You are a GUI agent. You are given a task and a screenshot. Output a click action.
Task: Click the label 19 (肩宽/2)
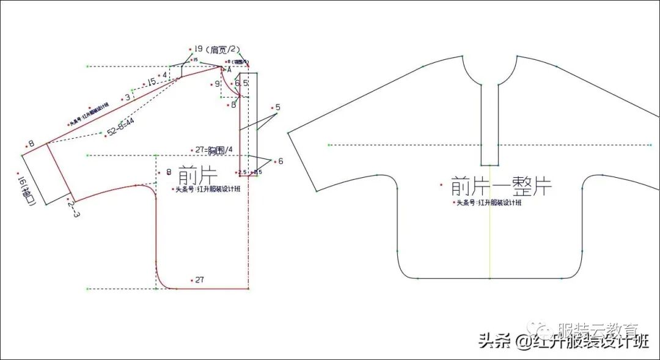[x=217, y=50]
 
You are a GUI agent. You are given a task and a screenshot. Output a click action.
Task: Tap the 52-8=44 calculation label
[x=121, y=127]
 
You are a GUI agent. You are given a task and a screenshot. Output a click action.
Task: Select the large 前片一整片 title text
[x=501, y=186]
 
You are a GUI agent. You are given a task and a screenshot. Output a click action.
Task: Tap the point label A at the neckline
[x=229, y=70]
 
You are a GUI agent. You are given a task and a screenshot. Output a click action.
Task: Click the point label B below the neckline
[x=233, y=105]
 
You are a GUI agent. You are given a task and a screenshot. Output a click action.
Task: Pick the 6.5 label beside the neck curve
[x=241, y=83]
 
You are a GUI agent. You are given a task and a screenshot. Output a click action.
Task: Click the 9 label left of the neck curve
[x=217, y=84]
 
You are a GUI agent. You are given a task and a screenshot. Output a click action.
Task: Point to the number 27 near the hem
[x=199, y=280]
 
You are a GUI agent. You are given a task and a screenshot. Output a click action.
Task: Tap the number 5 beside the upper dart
[x=277, y=108]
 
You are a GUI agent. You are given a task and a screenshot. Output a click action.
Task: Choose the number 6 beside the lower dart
[x=280, y=161]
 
